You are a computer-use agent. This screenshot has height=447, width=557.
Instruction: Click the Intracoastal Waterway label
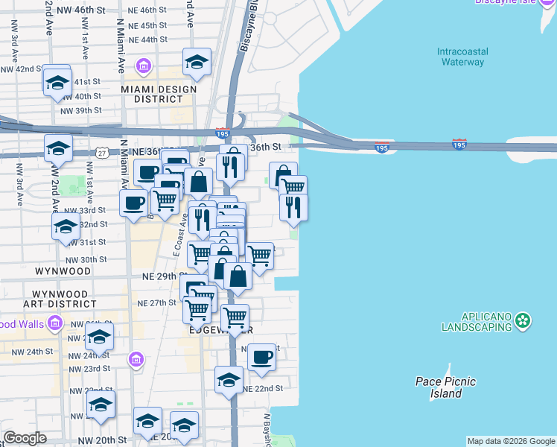(x=462, y=57)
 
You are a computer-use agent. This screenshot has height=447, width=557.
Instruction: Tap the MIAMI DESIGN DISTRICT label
(x=159, y=95)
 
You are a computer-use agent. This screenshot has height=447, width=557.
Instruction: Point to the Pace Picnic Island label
(x=445, y=387)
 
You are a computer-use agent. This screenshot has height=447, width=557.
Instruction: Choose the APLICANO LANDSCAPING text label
(x=476, y=322)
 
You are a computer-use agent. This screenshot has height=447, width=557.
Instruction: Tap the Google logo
(x=25, y=438)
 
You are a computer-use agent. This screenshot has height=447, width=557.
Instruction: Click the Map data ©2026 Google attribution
(x=511, y=441)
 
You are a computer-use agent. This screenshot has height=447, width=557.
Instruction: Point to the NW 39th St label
(x=80, y=110)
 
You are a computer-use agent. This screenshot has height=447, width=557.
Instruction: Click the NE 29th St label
(x=162, y=276)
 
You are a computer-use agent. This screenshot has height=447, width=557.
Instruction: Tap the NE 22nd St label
(x=263, y=388)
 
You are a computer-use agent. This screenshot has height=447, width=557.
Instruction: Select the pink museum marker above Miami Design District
(x=144, y=67)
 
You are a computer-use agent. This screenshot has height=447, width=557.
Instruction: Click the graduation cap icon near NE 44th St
(x=197, y=62)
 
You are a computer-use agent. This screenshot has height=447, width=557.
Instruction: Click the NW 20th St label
(x=106, y=440)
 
